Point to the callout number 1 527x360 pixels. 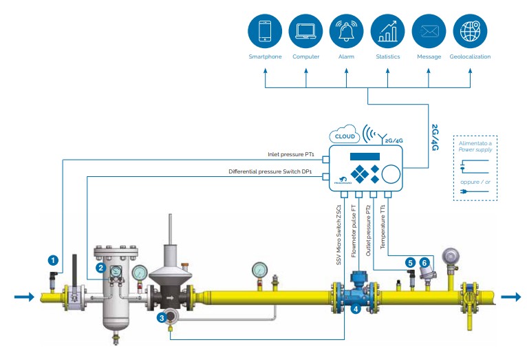52,260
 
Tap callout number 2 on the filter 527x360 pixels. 101,267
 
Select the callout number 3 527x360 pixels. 161,317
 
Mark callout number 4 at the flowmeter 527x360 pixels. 356,310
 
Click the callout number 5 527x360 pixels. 410,262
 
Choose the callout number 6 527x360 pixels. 425,262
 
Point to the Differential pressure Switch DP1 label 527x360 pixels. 271,171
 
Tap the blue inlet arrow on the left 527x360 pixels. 23,297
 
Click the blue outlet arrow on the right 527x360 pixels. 510,297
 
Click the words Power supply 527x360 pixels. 475,148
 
